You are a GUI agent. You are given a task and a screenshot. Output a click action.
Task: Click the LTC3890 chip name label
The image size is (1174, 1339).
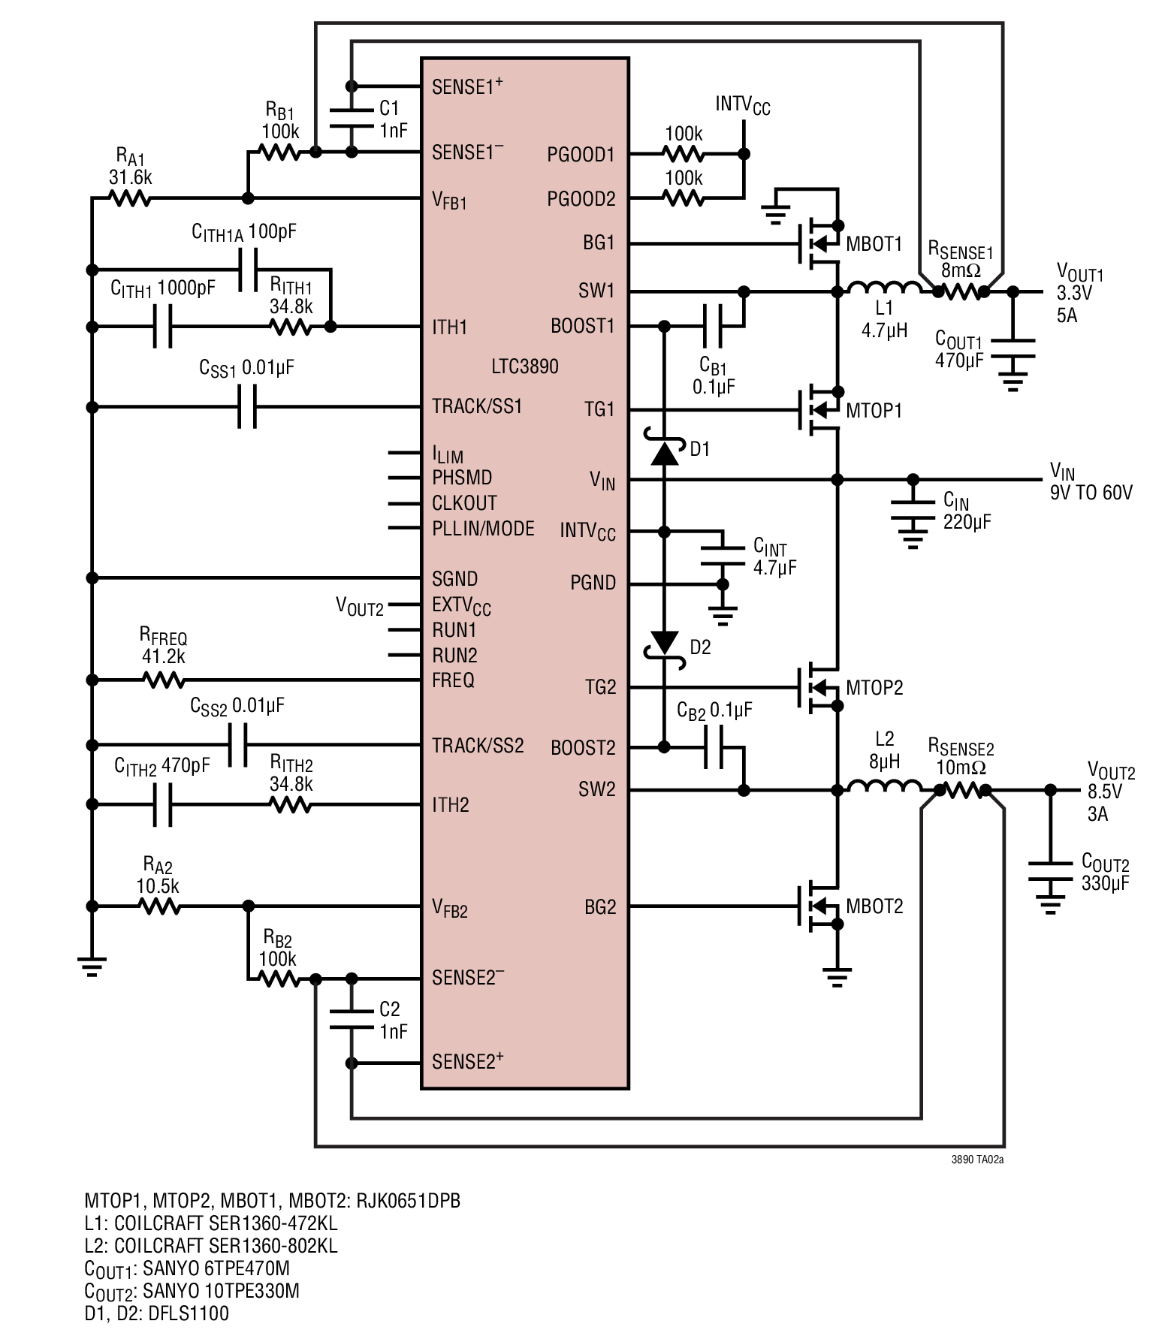525,366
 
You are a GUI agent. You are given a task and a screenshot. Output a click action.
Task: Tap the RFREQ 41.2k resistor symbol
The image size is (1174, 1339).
163,680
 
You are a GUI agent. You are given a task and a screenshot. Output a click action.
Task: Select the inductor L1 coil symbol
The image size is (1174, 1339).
884,287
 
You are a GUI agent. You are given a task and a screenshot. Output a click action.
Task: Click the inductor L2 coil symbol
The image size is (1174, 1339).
885,786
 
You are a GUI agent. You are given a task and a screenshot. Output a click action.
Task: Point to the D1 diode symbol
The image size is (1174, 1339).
665,448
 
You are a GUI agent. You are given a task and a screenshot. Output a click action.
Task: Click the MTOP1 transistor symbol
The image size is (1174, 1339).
819,409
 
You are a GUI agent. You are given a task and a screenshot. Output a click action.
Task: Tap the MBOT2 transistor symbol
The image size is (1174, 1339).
819,906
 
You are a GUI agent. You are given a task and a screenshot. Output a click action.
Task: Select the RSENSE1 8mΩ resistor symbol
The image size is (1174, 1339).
961,292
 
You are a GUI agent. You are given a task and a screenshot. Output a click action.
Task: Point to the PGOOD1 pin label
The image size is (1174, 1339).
581,155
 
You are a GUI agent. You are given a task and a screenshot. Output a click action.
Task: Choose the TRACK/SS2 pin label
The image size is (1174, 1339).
478,746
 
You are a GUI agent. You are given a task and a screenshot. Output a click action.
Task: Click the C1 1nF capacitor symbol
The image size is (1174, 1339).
352,118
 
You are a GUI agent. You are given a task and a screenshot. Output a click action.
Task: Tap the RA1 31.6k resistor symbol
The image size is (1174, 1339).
129,199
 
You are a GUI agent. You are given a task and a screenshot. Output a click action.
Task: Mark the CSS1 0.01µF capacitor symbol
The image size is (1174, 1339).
247,407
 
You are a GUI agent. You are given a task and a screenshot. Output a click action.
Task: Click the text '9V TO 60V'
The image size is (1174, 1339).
1091,493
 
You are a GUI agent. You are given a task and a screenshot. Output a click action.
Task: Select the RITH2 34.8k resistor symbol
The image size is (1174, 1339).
290,805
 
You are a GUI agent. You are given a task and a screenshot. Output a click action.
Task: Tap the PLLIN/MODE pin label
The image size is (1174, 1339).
483,529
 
